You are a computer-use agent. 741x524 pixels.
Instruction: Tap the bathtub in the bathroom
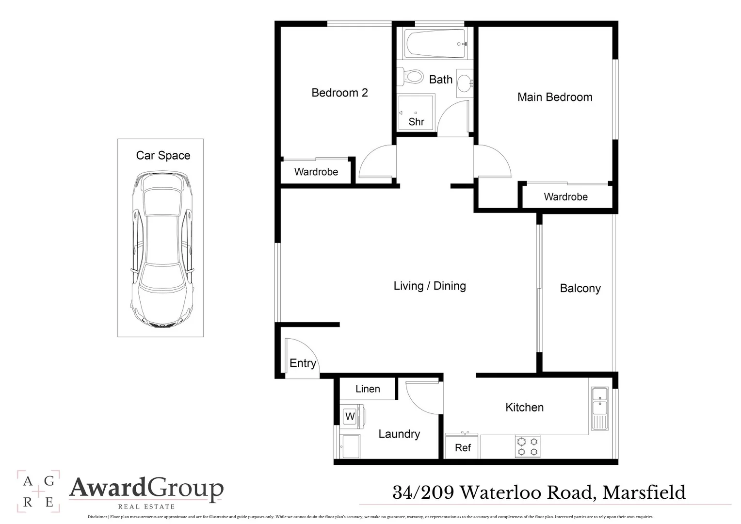pyautogui.click(x=435, y=44)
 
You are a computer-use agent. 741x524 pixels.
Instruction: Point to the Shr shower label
pyautogui.click(x=416, y=122)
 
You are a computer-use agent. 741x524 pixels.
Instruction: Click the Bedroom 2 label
pyautogui.click(x=339, y=93)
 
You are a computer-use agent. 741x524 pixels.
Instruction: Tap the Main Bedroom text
pyautogui.click(x=554, y=97)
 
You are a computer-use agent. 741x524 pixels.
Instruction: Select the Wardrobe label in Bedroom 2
pyautogui.click(x=316, y=172)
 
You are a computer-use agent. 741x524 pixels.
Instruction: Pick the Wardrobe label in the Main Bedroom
pyautogui.click(x=565, y=197)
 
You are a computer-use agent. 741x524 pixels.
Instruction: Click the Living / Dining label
pyautogui.click(x=430, y=286)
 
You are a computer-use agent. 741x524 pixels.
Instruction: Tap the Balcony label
pyautogui.click(x=580, y=288)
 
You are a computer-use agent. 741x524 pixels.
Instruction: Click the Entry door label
pyautogui.click(x=303, y=363)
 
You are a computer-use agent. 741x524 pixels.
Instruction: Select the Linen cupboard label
pyautogui.click(x=368, y=389)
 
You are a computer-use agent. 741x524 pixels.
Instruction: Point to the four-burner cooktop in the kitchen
pyautogui.click(x=528, y=446)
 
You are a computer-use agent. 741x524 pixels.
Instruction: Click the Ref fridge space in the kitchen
pyautogui.click(x=463, y=447)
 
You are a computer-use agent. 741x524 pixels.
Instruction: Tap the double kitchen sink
pyautogui.click(x=600, y=408)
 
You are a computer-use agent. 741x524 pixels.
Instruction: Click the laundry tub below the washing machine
pyautogui.click(x=350, y=445)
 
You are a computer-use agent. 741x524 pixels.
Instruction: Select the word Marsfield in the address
pyautogui.click(x=644, y=492)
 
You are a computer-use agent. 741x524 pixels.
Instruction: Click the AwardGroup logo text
pyautogui.click(x=146, y=489)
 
